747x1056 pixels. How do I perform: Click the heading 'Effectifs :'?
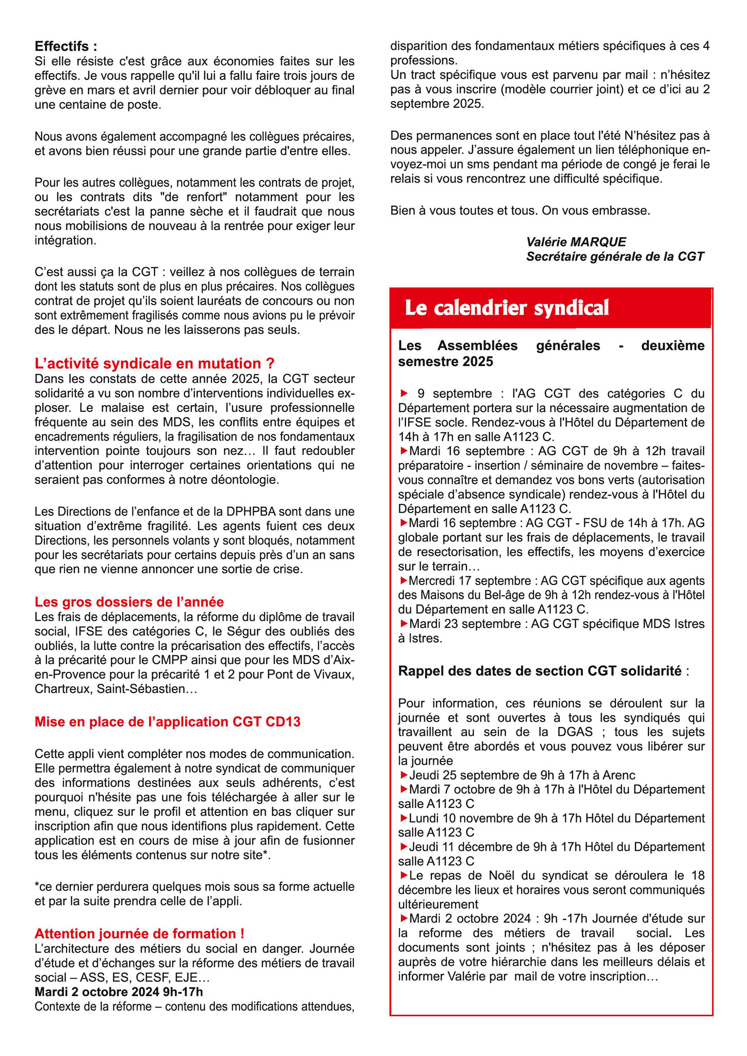pyautogui.click(x=66, y=46)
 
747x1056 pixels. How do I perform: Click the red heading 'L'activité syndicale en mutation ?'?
pyautogui.click(x=154, y=364)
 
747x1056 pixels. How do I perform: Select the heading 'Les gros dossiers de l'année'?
pyautogui.click(x=129, y=602)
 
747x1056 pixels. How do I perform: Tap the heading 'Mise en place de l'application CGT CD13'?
pyautogui.click(x=167, y=721)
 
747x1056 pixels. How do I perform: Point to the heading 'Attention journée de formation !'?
pyautogui.click(x=139, y=933)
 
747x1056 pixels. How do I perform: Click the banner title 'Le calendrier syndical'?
pyautogui.click(x=507, y=308)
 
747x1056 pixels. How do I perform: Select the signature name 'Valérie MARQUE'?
pyautogui.click(x=576, y=242)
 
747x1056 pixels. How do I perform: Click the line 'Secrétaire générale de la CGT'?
pyautogui.click(x=615, y=256)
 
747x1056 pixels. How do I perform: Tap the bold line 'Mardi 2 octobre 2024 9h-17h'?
pyautogui.click(x=119, y=992)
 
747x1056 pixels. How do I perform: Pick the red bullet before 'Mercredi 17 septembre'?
pyautogui.click(x=403, y=581)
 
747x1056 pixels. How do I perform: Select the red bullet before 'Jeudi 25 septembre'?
pyautogui.click(x=403, y=775)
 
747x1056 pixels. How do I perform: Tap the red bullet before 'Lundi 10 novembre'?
pyautogui.click(x=403, y=818)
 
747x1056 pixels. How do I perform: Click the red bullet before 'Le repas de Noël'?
pyautogui.click(x=403, y=876)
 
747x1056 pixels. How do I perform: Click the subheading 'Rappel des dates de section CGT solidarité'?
pyautogui.click(x=540, y=671)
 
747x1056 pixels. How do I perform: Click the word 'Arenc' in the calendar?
pyautogui.click(x=619, y=775)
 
